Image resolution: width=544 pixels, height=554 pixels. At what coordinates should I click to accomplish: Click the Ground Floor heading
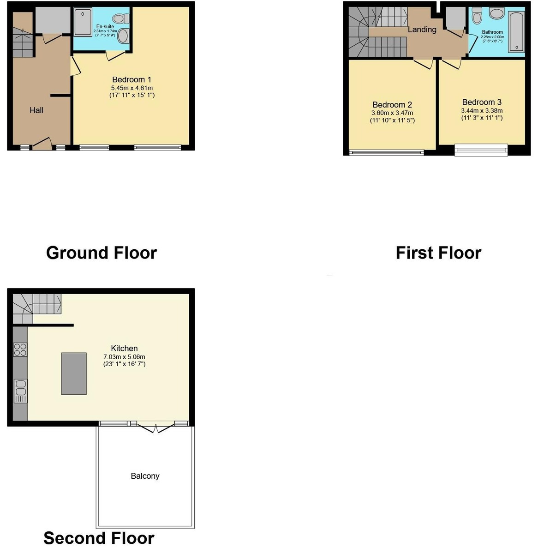pos(102,253)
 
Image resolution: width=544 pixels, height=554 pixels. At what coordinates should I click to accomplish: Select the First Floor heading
pos(438,253)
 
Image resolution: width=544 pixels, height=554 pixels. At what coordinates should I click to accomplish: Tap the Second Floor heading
pos(99,538)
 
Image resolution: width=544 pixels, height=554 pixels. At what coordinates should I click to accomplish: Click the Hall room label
pos(36,110)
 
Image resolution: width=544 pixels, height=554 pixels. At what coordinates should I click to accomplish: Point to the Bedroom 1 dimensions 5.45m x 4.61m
pos(132,88)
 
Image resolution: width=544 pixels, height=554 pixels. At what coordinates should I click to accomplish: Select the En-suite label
pos(105,27)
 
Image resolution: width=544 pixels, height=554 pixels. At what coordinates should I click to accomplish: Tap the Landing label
pos(422,30)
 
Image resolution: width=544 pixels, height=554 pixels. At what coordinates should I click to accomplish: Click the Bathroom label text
pos(492,32)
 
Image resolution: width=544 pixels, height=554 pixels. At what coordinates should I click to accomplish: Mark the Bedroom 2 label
pos(392,105)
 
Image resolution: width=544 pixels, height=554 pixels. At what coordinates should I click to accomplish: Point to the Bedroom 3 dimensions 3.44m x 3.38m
pos(482,111)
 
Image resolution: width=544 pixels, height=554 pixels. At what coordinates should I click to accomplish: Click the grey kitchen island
pos(74,373)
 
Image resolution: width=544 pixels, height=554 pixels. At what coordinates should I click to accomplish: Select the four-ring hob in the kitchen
pos(20,349)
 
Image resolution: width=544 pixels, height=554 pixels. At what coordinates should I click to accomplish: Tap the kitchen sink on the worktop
pos(21,391)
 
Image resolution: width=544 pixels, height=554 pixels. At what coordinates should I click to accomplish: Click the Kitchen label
pos(124,349)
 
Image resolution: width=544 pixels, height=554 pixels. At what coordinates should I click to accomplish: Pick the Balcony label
pos(145,476)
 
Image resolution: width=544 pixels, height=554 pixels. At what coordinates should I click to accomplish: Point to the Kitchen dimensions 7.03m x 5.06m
pos(124,357)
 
